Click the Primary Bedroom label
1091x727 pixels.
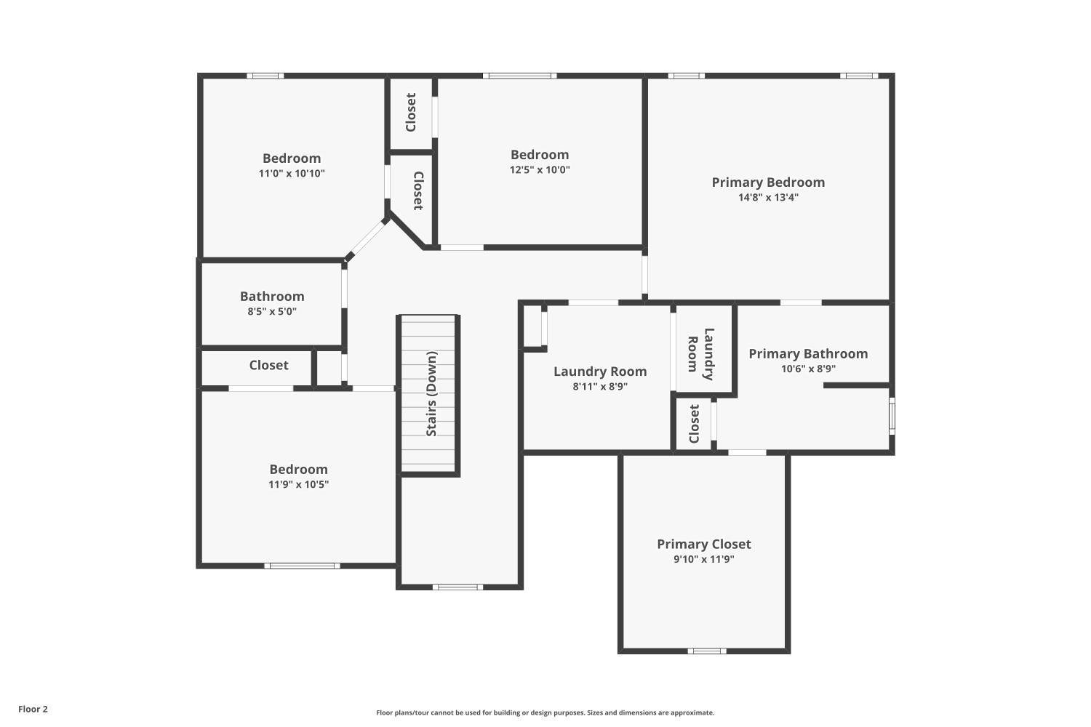[x=768, y=182]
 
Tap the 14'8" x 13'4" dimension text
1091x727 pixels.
[x=768, y=197]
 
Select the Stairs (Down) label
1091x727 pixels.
[x=431, y=394]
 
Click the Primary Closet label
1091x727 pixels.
[x=703, y=544]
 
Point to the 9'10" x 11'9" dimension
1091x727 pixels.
[x=703, y=559]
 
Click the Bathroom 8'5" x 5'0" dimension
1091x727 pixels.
[x=272, y=311]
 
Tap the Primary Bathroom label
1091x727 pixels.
[x=808, y=354]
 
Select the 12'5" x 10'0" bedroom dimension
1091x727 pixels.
[x=539, y=169]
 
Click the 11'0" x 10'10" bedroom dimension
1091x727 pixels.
[x=291, y=173]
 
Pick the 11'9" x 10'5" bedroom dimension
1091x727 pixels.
[x=298, y=484]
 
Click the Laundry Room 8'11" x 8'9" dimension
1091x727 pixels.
[x=599, y=386]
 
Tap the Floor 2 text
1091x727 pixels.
[x=33, y=709]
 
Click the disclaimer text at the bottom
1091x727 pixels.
[x=545, y=712]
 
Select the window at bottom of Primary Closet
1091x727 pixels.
[x=706, y=651]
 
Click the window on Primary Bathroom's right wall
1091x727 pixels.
[x=892, y=416]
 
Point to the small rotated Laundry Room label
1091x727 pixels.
[x=701, y=354]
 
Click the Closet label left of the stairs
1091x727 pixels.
[x=268, y=365]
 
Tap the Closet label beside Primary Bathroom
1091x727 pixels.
[x=694, y=423]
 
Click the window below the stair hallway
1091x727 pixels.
[x=457, y=587]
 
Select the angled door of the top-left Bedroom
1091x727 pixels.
[x=367, y=237]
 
